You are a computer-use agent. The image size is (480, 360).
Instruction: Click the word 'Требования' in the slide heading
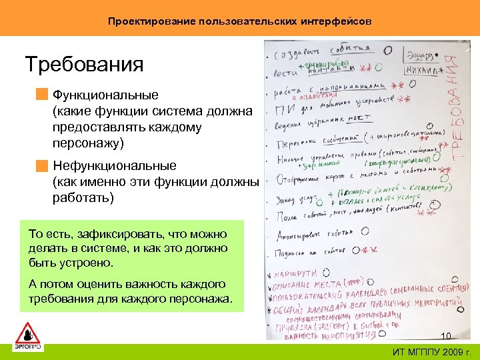click(84, 65)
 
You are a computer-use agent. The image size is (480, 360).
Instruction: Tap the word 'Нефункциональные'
click(114, 165)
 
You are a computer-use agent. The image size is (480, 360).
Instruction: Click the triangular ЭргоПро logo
click(28, 333)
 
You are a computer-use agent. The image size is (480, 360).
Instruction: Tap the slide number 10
click(446, 335)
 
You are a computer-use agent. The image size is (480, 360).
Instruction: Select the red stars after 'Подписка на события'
click(369, 250)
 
